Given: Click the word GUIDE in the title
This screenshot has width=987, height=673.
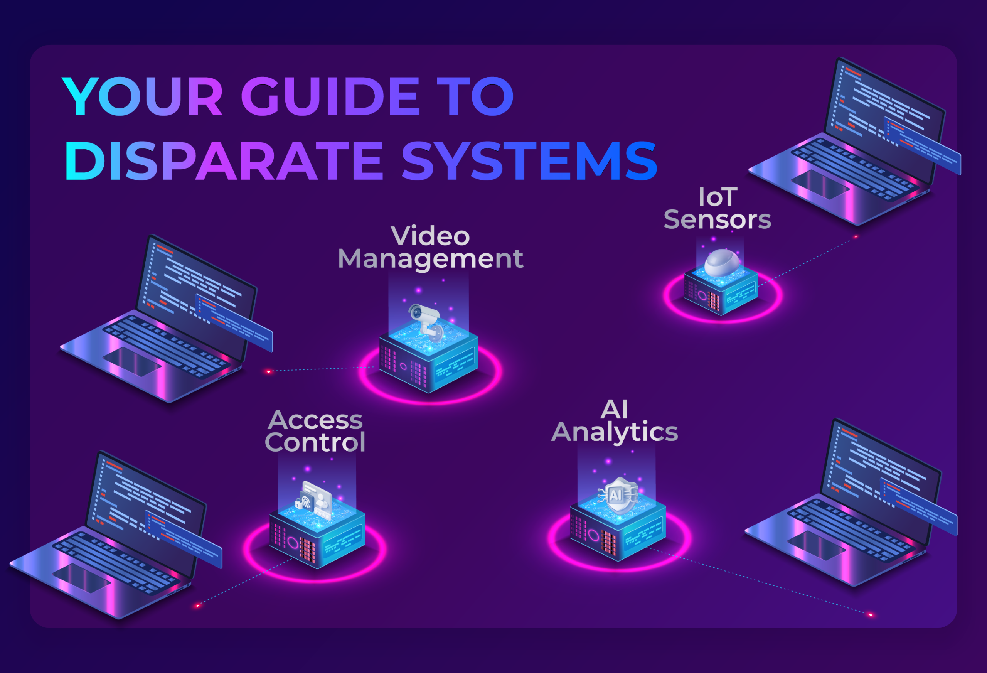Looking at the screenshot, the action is point(330,96).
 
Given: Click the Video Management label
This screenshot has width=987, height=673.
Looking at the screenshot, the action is point(430,248).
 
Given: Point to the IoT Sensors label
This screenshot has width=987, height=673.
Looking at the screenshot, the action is point(718,209).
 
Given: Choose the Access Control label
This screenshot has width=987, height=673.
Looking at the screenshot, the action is point(315,431).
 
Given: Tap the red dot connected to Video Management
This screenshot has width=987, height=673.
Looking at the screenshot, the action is point(268,372).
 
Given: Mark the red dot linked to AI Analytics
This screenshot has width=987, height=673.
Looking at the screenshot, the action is point(871,615).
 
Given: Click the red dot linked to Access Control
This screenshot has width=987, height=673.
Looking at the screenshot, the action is point(197,606).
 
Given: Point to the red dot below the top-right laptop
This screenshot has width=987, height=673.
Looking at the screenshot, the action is point(856,237).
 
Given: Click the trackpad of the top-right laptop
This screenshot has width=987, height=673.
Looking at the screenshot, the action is point(820,184).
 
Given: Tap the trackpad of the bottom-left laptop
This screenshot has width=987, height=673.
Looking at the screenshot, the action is point(81,578).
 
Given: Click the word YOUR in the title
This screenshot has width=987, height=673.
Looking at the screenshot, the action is point(142,96).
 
